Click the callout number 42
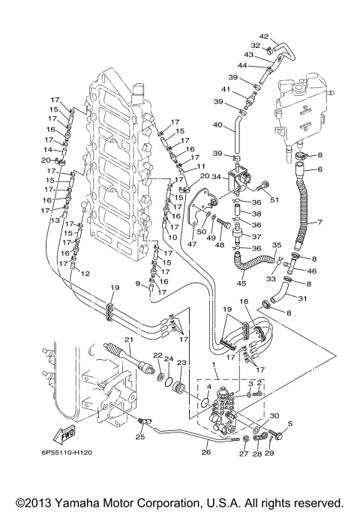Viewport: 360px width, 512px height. tap(263, 37)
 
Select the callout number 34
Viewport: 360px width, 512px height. tap(217, 177)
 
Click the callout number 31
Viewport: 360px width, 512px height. tap(302, 299)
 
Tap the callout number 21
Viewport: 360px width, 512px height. tap(128, 340)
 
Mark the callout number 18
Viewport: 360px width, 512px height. tap(243, 301)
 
